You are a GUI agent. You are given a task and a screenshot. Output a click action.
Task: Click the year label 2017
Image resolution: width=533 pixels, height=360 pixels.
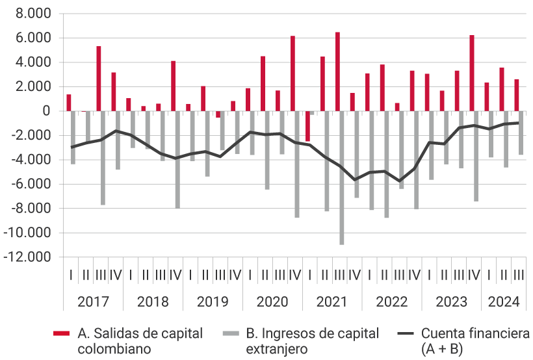[93, 302]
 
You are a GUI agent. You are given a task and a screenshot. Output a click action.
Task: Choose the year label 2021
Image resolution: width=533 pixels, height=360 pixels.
[332, 302]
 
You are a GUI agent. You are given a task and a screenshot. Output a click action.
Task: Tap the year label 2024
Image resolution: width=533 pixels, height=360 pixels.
[504, 302]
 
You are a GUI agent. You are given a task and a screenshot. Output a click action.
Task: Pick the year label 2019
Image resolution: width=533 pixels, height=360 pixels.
[213, 302]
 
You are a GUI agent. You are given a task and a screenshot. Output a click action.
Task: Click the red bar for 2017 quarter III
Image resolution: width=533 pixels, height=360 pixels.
[99, 79]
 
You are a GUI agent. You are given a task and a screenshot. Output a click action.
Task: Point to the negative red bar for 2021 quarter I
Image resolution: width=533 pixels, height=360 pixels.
[307, 126]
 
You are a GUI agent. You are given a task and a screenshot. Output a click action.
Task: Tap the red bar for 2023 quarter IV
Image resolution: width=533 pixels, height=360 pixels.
[472, 73]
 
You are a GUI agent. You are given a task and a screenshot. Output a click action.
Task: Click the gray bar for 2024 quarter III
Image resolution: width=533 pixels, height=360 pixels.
[521, 133]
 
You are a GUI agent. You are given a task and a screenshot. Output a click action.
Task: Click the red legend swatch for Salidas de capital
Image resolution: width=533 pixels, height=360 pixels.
[61, 333]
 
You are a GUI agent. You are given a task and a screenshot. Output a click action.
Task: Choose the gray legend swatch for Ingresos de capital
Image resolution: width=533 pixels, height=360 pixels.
[231, 333]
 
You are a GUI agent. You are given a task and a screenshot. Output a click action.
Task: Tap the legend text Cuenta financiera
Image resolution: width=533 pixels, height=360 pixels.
[475, 333]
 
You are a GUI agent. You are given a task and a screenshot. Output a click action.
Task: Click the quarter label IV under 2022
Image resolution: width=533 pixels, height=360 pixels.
[413, 275]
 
